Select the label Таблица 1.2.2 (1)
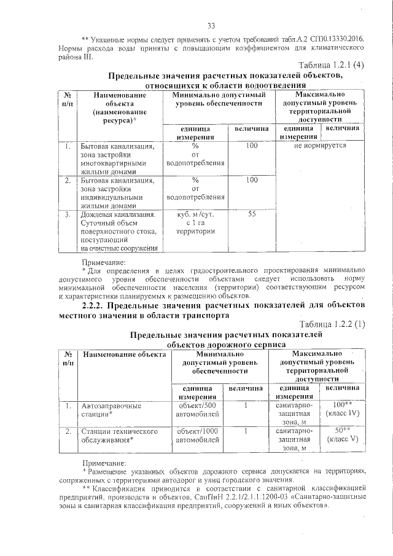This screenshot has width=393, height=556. point(332,324)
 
